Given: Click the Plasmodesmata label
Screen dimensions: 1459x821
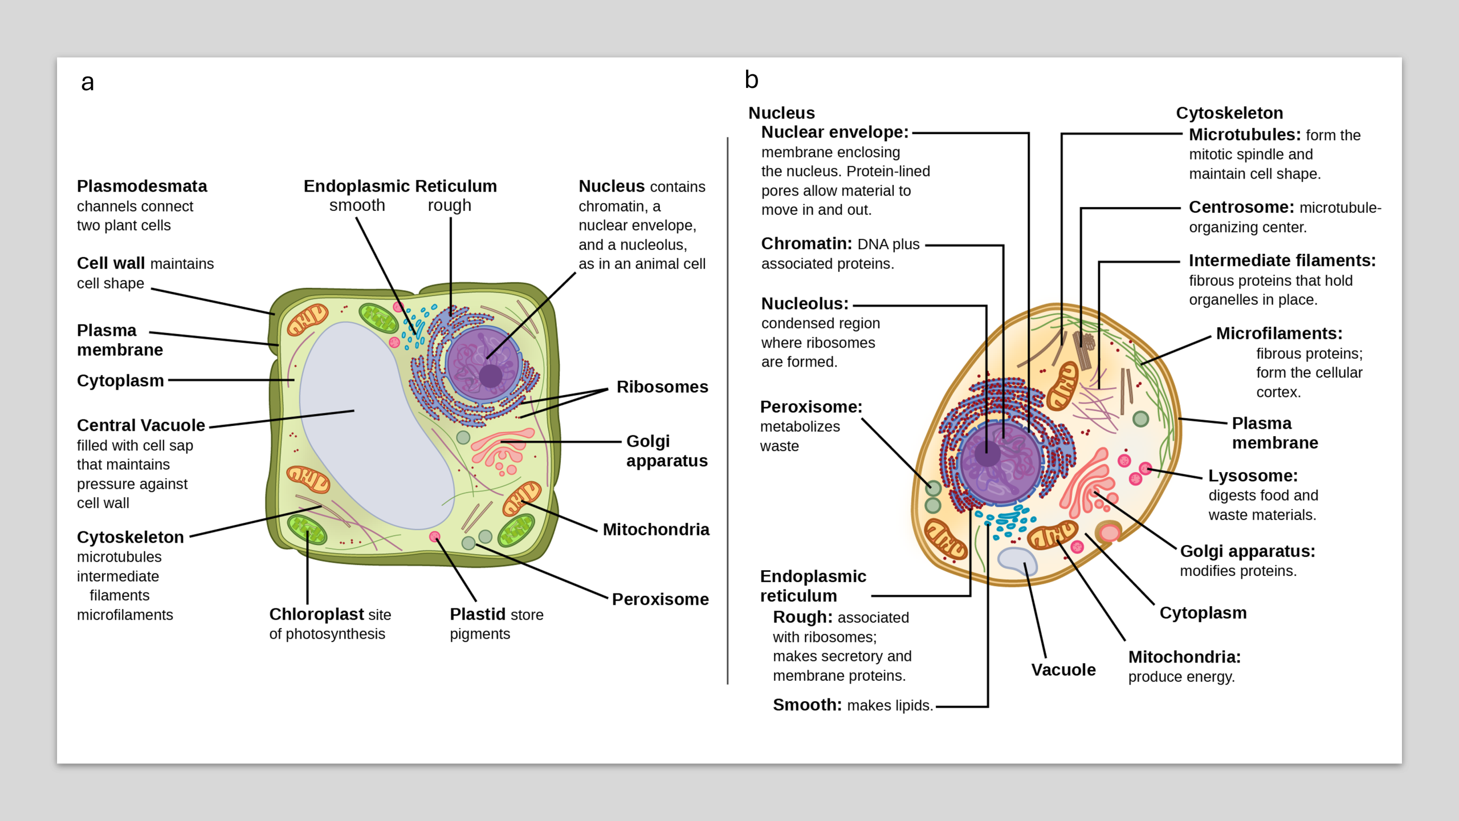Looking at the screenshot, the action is (142, 186).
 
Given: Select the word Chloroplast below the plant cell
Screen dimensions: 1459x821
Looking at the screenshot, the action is (316, 614).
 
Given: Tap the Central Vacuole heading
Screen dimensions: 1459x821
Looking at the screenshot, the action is (141, 425).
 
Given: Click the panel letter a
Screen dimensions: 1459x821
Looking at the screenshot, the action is (87, 83).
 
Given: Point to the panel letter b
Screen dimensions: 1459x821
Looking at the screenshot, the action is (752, 79).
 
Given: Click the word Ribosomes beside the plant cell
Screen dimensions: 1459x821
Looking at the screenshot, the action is (662, 387).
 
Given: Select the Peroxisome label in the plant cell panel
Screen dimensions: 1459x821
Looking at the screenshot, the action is (661, 599).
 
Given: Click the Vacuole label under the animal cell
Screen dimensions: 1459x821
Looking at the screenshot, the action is (1063, 669).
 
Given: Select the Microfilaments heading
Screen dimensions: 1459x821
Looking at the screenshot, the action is (1279, 333).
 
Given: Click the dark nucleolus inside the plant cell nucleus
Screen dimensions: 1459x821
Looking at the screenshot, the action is (491, 376).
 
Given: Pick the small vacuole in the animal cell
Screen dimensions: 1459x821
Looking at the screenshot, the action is (1017, 560).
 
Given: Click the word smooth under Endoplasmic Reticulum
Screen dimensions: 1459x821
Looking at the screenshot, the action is (357, 205).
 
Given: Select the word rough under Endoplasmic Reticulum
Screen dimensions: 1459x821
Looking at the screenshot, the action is (450, 206).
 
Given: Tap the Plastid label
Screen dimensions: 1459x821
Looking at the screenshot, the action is (478, 614).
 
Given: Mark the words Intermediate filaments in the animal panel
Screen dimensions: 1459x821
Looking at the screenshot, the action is (1282, 261).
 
